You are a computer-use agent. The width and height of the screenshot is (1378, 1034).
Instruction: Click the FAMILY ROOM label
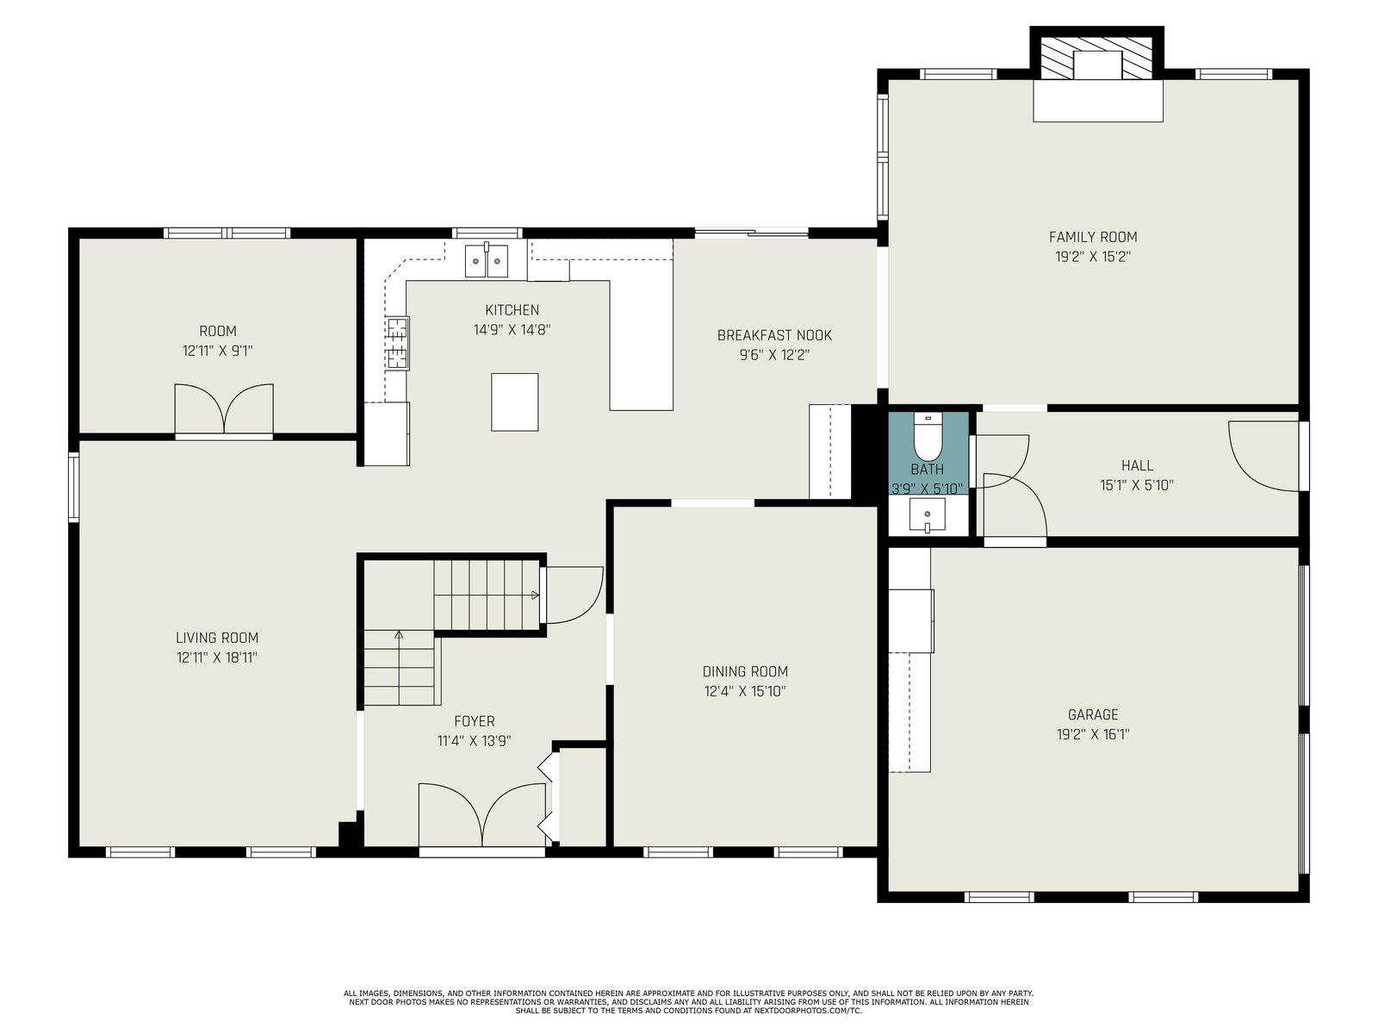click(1092, 237)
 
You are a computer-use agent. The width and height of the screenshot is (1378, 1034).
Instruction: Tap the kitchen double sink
click(486, 260)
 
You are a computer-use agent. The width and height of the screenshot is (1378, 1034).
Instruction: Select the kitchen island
click(514, 402)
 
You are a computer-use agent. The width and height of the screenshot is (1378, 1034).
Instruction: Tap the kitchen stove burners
click(397, 343)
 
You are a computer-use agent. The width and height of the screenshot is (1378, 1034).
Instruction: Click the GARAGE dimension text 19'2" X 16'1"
click(1093, 734)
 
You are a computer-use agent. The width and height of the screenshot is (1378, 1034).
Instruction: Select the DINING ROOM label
click(745, 671)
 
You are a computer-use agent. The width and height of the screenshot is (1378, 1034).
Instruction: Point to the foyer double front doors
click(482, 816)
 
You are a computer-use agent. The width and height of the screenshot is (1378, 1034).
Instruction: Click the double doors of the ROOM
click(224, 408)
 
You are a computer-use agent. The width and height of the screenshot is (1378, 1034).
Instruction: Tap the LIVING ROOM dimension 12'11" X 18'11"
click(217, 657)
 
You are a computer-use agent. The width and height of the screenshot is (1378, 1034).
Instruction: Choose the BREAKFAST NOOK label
click(774, 335)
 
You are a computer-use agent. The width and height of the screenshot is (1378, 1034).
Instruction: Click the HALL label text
click(1137, 465)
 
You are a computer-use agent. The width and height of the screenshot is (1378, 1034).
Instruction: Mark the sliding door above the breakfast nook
click(752, 233)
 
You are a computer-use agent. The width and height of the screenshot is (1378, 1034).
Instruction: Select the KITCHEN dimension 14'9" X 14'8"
click(512, 330)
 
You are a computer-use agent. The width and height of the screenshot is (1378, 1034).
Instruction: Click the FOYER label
click(474, 720)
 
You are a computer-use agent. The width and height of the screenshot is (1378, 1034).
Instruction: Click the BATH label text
click(928, 469)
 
